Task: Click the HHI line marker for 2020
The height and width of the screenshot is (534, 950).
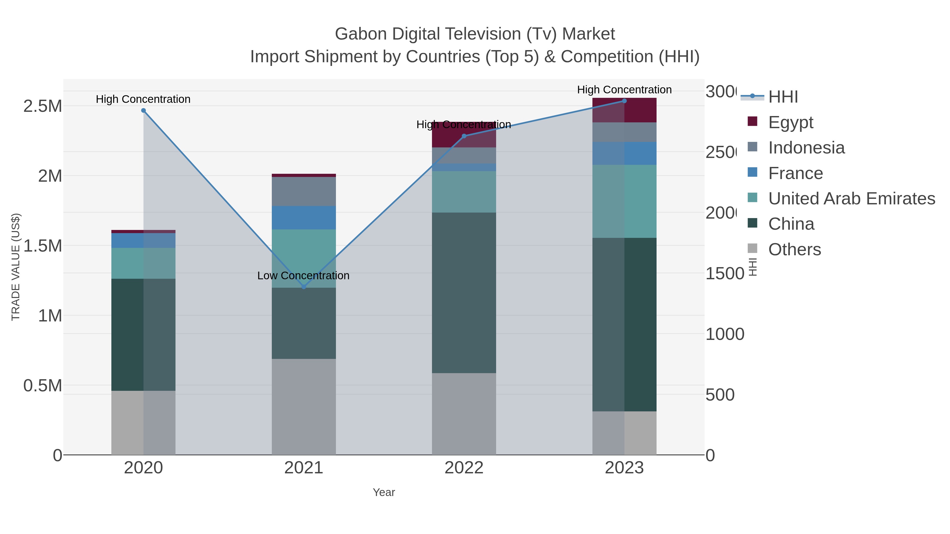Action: (144, 110)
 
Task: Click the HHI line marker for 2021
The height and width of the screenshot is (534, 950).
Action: (304, 287)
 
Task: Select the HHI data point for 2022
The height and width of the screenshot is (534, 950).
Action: (464, 136)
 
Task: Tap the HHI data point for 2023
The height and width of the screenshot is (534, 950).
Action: (624, 101)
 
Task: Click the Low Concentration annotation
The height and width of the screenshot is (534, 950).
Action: (303, 276)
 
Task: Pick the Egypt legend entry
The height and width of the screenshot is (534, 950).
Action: (790, 122)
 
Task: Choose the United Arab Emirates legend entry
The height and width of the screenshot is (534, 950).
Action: (851, 199)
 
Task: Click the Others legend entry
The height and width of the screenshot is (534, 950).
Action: (794, 249)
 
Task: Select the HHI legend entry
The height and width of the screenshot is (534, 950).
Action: (783, 97)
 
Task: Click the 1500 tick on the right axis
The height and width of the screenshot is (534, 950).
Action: (724, 273)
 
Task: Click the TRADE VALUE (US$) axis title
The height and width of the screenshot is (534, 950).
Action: (16, 267)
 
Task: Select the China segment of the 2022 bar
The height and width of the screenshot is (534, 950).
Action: (464, 293)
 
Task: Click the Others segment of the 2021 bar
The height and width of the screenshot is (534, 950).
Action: (304, 407)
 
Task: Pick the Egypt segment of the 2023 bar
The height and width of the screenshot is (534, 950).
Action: (624, 110)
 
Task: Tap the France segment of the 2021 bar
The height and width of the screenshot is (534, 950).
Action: (304, 218)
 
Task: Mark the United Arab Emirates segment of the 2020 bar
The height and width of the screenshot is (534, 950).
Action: (144, 263)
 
